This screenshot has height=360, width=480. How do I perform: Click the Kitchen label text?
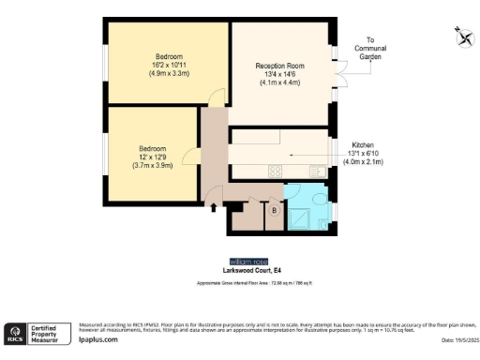click(362, 145)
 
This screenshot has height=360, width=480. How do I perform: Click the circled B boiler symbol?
click(274, 211)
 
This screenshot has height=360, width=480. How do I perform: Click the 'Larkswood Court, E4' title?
click(248, 271)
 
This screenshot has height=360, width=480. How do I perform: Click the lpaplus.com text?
click(97, 341)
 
